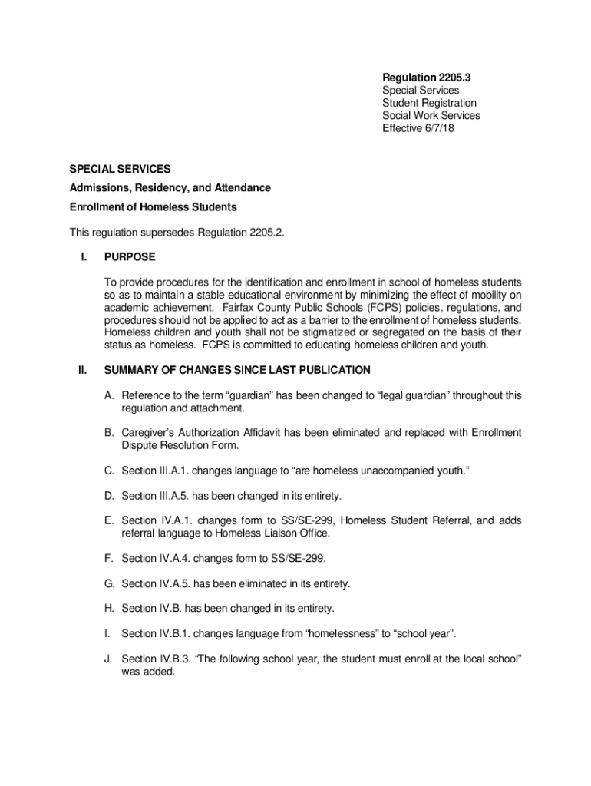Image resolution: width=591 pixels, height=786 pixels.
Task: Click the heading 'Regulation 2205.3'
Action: tap(426, 78)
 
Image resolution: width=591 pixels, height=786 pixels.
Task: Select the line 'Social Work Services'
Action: tap(431, 115)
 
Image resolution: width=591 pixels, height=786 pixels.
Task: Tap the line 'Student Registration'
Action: tap(429, 103)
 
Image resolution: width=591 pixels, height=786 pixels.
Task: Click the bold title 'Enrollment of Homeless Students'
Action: tap(153, 207)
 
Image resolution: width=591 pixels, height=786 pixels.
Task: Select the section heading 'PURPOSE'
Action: tap(130, 257)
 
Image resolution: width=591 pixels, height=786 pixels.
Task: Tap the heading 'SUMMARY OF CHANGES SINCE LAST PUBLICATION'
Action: tap(237, 370)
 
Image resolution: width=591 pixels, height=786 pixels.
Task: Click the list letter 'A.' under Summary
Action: tap(110, 395)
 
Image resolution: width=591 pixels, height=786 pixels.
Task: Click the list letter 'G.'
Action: tap(110, 583)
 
